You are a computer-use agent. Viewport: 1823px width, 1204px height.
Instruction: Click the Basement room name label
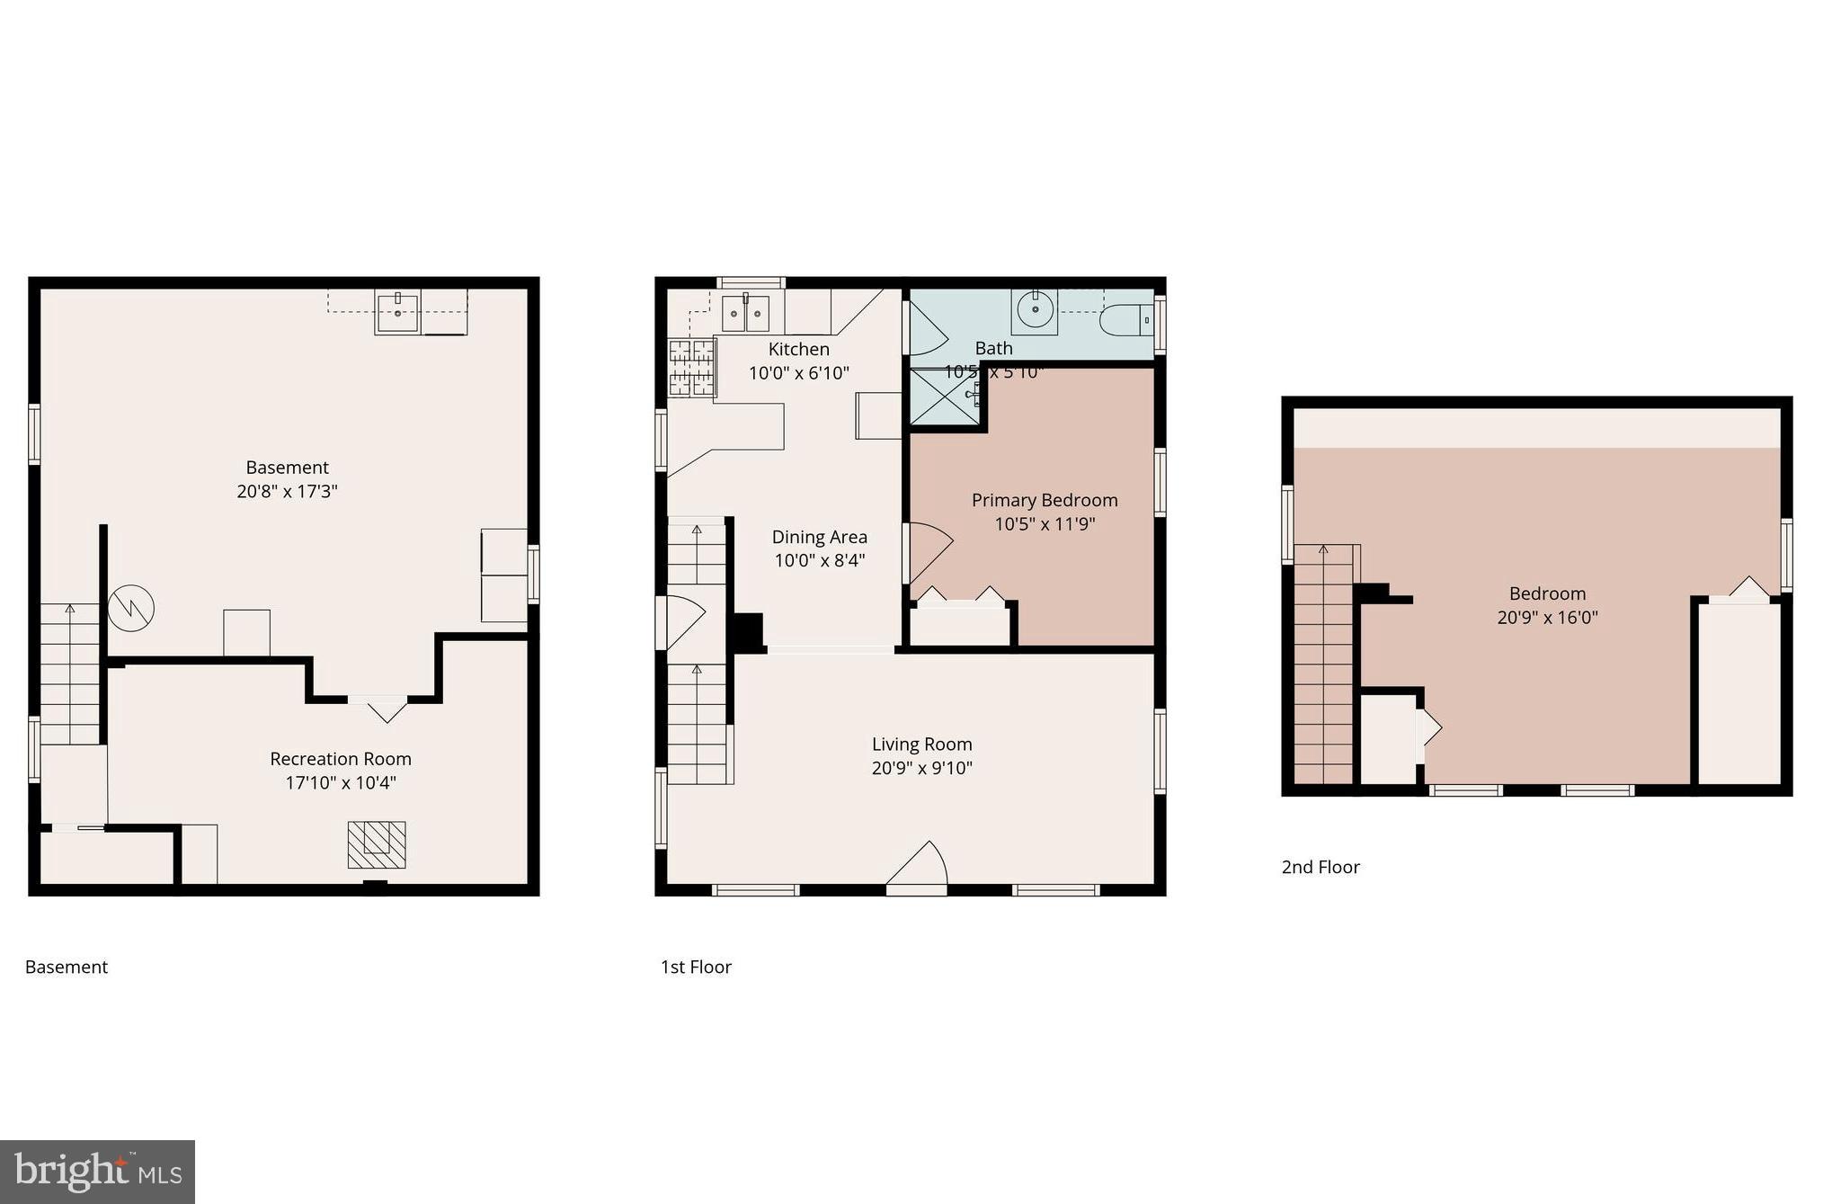287,468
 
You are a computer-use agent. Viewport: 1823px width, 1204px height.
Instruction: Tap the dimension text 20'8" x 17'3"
287,491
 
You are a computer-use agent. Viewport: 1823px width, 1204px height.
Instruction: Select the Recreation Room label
341,759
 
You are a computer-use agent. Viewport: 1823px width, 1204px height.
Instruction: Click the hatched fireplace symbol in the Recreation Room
377,844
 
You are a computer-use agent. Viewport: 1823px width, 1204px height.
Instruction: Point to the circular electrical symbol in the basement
131,609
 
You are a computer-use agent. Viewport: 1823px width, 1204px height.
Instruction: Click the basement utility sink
397,311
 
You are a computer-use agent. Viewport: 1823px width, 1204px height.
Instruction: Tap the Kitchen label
798,349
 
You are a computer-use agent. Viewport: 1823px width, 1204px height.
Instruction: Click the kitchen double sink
745,313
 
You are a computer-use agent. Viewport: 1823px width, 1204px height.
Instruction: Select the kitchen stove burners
691,367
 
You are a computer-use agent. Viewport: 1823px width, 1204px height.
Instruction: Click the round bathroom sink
1036,311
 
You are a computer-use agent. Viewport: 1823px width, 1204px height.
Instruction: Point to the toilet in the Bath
1125,319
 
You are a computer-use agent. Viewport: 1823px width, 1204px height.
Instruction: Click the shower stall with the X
946,397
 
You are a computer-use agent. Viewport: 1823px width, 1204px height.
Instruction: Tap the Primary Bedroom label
1045,500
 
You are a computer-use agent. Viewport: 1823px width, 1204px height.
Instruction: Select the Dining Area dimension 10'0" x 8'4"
820,560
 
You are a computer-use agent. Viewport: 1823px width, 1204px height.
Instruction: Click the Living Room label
921,745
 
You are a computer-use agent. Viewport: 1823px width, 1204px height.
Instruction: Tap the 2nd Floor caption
1320,867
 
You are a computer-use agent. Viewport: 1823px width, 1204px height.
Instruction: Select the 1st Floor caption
696,967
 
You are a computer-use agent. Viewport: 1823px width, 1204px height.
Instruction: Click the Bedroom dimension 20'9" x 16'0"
1547,617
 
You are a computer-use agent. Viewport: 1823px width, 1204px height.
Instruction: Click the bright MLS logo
97,1172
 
